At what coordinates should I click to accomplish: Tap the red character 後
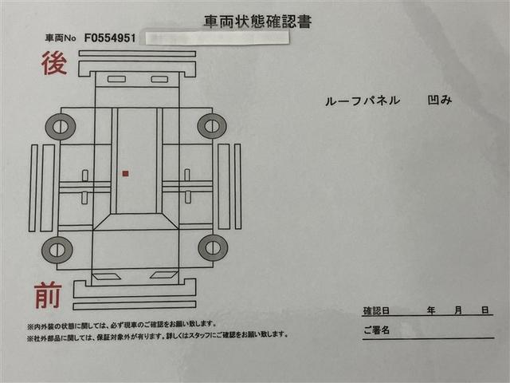point(53,64)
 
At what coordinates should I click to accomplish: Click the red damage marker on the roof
point(125,172)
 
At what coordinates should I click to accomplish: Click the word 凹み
point(438,101)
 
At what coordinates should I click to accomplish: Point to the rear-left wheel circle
point(60,125)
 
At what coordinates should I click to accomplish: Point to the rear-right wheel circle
point(211,125)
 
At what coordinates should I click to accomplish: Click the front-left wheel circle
point(57,250)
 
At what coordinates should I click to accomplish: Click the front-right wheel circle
point(213,247)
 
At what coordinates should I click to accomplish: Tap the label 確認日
point(375,310)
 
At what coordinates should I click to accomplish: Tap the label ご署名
point(375,330)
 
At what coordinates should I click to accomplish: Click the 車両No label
point(62,38)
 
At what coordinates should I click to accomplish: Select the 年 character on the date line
point(430,310)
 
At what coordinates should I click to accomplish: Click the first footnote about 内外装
point(121,324)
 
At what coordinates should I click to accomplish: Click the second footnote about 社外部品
point(157,335)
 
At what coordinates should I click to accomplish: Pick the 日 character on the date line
point(484,310)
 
